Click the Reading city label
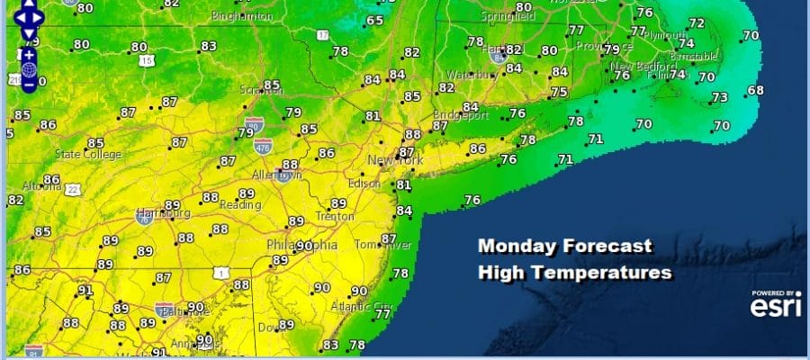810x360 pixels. pyautogui.click(x=238, y=205)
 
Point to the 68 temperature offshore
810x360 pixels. pyautogui.click(x=755, y=90)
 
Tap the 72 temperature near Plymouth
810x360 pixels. pyautogui.click(x=697, y=22)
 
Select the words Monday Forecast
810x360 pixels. pyautogui.click(x=564, y=246)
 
